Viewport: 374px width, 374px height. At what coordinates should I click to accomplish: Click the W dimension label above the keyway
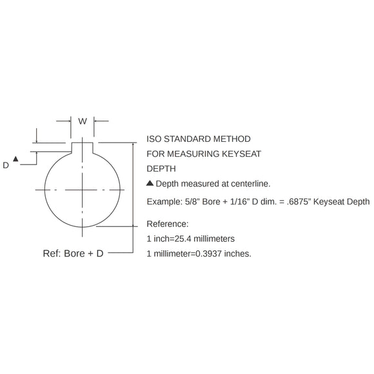[82, 121]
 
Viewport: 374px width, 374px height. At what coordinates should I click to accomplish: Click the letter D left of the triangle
[6, 165]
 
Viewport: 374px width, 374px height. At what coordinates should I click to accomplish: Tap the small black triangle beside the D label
[17, 159]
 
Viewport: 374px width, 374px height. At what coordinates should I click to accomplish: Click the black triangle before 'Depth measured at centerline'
[150, 184]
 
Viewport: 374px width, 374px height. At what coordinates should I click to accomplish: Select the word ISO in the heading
[155, 139]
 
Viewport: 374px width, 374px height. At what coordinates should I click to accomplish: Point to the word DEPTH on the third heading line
[161, 170]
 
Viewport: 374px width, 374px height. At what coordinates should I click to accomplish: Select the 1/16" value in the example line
[233, 202]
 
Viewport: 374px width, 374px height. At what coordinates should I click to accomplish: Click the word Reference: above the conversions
[168, 224]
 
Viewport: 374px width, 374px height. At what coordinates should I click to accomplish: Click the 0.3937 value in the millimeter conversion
[210, 253]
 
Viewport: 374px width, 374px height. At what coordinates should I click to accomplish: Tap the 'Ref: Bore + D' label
[74, 253]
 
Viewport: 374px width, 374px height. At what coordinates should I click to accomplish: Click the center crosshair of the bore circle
[83, 190]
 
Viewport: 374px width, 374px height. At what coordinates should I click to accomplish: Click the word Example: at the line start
[165, 202]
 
